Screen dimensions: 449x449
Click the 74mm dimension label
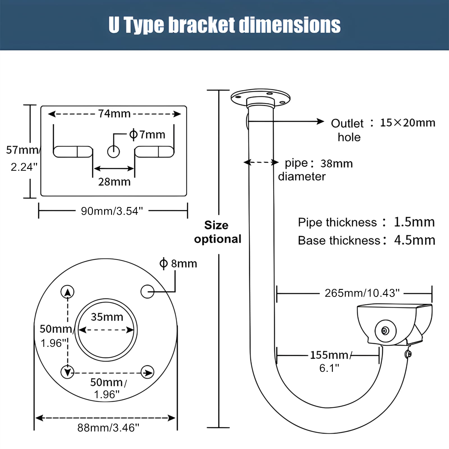(x=114, y=114)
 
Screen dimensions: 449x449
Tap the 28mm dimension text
(x=114, y=182)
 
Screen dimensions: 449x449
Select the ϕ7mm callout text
(x=147, y=134)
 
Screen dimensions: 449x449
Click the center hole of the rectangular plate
(x=113, y=152)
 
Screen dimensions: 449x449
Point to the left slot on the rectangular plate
(x=73, y=152)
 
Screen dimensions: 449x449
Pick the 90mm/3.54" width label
(x=112, y=211)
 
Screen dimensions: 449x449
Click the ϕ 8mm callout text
(x=178, y=264)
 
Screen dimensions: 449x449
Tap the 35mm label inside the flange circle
(x=107, y=317)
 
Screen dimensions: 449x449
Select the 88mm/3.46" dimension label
(x=108, y=428)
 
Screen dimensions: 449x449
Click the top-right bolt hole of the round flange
(x=147, y=291)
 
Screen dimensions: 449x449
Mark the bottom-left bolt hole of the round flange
(x=67, y=372)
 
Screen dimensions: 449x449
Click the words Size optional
(x=217, y=232)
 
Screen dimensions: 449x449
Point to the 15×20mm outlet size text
(x=407, y=123)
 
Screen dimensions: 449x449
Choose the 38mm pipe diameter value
(x=336, y=163)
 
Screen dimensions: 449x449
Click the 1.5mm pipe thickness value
(x=414, y=222)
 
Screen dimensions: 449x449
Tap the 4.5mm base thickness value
(x=414, y=240)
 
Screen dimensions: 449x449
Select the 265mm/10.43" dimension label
(x=362, y=293)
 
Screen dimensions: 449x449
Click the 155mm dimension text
(x=329, y=355)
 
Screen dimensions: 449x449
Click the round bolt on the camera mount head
(x=385, y=331)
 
